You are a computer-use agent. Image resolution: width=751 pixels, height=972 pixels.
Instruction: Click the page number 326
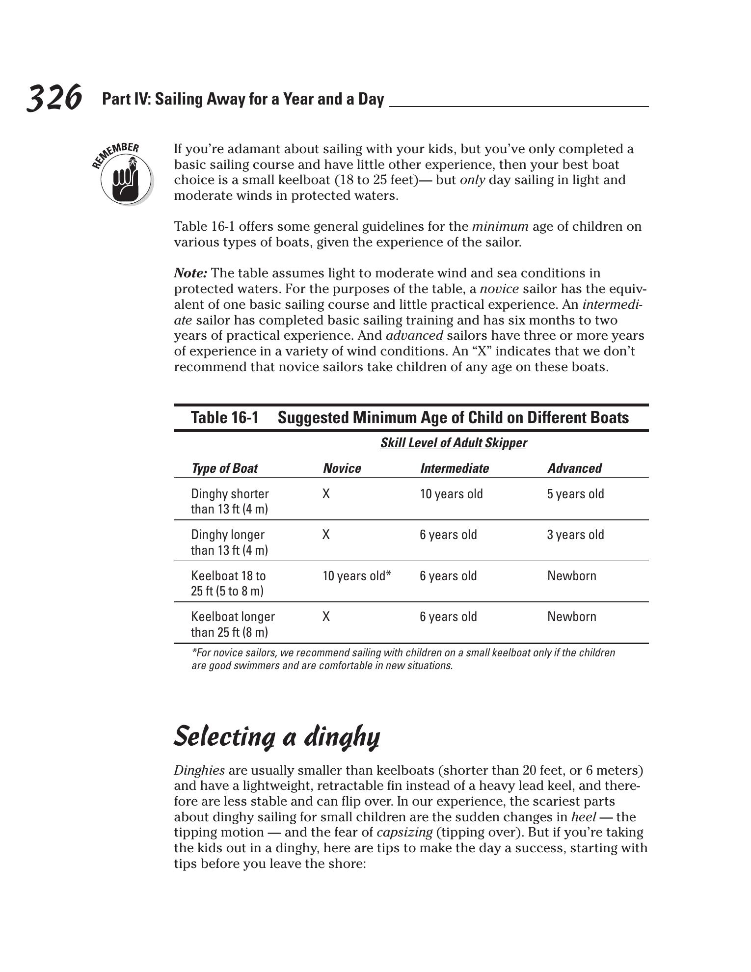coord(54,98)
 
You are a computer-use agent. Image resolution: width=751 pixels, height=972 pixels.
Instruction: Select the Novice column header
coord(342,468)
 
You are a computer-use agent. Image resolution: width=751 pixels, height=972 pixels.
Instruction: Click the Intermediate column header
coord(454,468)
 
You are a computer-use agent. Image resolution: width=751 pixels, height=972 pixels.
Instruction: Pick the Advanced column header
coord(574,468)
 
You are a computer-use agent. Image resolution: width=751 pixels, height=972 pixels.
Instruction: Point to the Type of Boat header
coord(224,468)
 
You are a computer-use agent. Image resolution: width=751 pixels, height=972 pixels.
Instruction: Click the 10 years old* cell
coord(357,575)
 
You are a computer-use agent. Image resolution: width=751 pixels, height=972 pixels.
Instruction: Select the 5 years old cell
coord(575,494)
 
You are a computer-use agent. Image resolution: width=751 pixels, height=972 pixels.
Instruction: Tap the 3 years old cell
coord(575,535)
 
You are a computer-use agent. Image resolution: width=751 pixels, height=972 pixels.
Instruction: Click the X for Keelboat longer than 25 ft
coord(326,617)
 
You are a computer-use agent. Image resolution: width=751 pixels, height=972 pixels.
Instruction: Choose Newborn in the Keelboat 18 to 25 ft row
coord(571,575)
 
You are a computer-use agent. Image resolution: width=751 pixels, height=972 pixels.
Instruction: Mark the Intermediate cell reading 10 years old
coord(451,494)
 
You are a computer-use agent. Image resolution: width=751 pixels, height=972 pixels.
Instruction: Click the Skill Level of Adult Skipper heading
coord(453,443)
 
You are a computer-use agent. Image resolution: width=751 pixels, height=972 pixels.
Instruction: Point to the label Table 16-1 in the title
coord(224,418)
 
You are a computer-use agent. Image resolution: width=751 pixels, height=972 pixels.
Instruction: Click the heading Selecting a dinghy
coord(277,737)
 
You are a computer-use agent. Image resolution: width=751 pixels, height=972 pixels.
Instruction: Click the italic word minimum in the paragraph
coord(500,227)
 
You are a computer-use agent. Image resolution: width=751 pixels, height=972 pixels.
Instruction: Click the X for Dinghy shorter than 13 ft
coord(326,494)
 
